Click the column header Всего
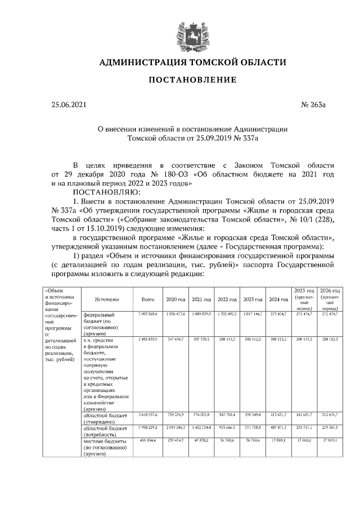[147, 300]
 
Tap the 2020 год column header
[175, 300]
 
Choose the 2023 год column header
[253, 300]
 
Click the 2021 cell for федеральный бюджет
[201, 313]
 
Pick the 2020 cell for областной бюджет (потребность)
[177, 428]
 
